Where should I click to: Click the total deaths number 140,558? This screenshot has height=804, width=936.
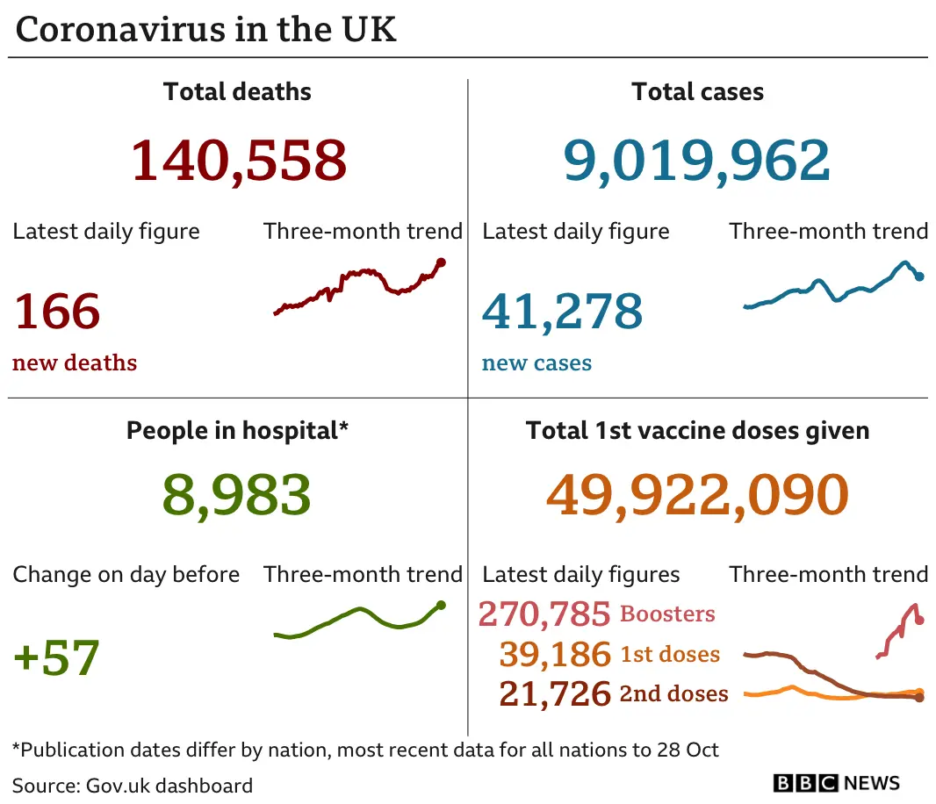pyautogui.click(x=238, y=160)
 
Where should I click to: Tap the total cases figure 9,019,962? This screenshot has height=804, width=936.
pyautogui.click(x=696, y=160)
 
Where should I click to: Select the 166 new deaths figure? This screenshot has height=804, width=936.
pyautogui.click(x=57, y=312)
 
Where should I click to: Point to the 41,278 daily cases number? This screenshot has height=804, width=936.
pyautogui.click(x=562, y=312)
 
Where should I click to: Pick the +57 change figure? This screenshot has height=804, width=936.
pyautogui.click(x=57, y=657)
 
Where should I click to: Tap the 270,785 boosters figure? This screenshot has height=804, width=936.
pyautogui.click(x=544, y=614)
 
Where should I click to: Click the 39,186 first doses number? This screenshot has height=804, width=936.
pyautogui.click(x=554, y=654)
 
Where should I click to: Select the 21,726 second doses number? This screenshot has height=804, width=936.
pyautogui.click(x=554, y=694)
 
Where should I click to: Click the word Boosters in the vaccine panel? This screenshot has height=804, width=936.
pyautogui.click(x=667, y=614)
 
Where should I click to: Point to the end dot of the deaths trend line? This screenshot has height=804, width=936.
pyautogui.click(x=441, y=262)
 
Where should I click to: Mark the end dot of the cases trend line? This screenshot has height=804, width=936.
pyautogui.click(x=919, y=276)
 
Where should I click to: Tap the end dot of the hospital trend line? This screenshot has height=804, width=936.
pyautogui.click(x=441, y=605)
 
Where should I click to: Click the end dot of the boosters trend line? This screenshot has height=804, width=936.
pyautogui.click(x=919, y=621)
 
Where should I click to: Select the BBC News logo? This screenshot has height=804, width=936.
pyautogui.click(x=837, y=783)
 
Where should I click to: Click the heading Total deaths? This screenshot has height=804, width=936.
pyautogui.click(x=237, y=91)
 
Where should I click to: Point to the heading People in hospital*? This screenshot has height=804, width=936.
pyautogui.click(x=237, y=430)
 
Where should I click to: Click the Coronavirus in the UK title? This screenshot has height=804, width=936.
pyautogui.click(x=206, y=29)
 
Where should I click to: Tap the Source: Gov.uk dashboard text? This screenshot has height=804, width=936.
pyautogui.click(x=133, y=785)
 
